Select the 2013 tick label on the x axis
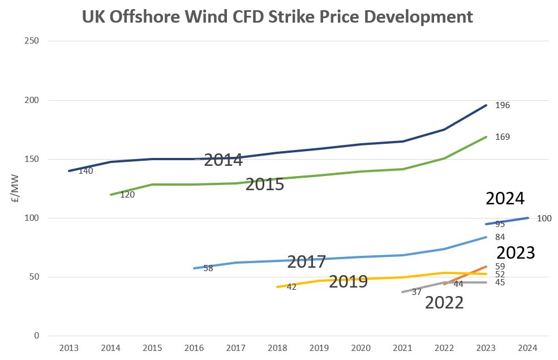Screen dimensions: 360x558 69,347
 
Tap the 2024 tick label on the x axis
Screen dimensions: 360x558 528,347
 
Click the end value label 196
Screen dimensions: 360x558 503,105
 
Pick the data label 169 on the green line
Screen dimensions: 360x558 503,137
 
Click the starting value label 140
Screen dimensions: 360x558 85,171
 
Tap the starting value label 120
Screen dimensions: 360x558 127,195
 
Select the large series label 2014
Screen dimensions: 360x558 223,160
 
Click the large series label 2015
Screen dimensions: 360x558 264,184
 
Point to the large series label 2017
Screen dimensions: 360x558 306,262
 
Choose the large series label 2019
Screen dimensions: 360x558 348,281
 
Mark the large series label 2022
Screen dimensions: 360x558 444,302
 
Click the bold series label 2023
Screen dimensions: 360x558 516,252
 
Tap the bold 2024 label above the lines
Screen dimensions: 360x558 505,199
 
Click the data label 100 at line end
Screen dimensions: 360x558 544,218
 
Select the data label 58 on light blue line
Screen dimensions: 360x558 208,268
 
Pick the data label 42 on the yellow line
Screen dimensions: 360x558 291,287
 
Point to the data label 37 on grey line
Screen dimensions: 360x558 417,292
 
